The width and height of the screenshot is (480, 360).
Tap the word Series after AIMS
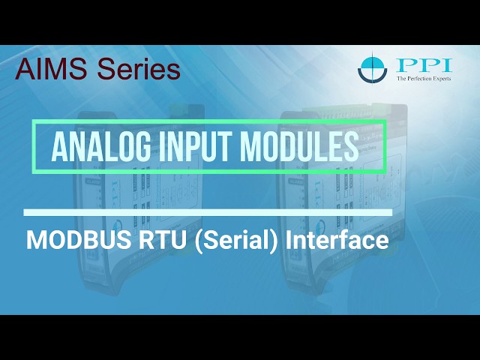click(134, 70)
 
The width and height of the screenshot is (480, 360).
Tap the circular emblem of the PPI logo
click(373, 68)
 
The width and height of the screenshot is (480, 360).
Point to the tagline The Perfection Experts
click(424, 77)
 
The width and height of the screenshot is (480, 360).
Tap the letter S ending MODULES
click(350, 147)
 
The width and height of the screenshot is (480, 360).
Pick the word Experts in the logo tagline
click(440, 77)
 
